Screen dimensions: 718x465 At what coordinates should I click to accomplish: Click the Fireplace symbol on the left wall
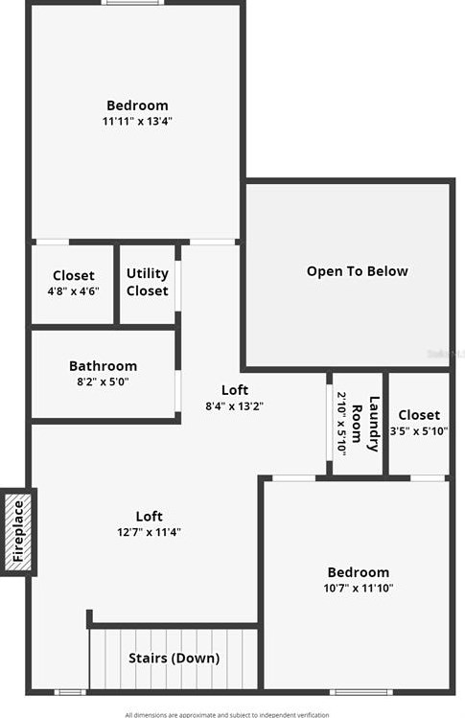(x=18, y=532)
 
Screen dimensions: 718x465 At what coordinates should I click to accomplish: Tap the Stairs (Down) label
(x=174, y=659)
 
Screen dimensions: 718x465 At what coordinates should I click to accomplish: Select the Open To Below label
(x=357, y=271)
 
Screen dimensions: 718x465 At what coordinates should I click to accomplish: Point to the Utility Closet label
(x=147, y=283)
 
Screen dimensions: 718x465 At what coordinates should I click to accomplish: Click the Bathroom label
(x=103, y=366)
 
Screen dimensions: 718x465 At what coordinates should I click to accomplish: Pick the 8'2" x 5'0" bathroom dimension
(x=102, y=382)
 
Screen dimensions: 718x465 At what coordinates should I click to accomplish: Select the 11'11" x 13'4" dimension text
(x=137, y=122)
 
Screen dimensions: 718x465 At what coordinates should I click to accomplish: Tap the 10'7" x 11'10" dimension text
(x=359, y=589)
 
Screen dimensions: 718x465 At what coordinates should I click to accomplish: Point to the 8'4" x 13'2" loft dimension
(x=234, y=405)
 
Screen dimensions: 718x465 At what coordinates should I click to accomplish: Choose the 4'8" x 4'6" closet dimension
(x=74, y=291)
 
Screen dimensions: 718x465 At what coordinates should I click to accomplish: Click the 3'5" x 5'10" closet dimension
(x=419, y=430)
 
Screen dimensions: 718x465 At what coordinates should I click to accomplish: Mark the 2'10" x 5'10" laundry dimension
(x=340, y=423)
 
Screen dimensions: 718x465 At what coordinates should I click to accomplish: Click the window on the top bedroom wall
(x=134, y=3)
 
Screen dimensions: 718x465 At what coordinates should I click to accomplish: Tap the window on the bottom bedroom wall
(x=360, y=691)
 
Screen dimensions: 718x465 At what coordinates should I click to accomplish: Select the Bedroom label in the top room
(x=137, y=105)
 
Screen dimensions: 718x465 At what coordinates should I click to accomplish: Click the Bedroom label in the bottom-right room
(x=359, y=572)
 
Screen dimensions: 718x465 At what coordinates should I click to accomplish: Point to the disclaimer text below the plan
(x=226, y=714)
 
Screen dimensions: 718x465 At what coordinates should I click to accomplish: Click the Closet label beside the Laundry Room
(x=419, y=415)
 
